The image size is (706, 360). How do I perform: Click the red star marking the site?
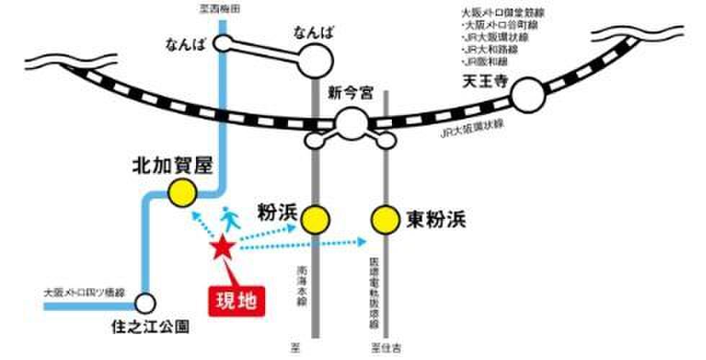pyautogui.click(x=222, y=248)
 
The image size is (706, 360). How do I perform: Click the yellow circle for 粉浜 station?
pyautogui.click(x=315, y=218)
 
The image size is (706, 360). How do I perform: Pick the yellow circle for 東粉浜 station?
pyautogui.click(x=385, y=218)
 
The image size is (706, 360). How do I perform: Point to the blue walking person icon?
pyautogui.click(x=228, y=217)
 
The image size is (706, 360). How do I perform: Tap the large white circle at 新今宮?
pyautogui.click(x=351, y=123)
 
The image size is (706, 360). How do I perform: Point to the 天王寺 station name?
pyautogui.click(x=481, y=81)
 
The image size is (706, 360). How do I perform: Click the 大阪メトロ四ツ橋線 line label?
pyautogui.click(x=84, y=293)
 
